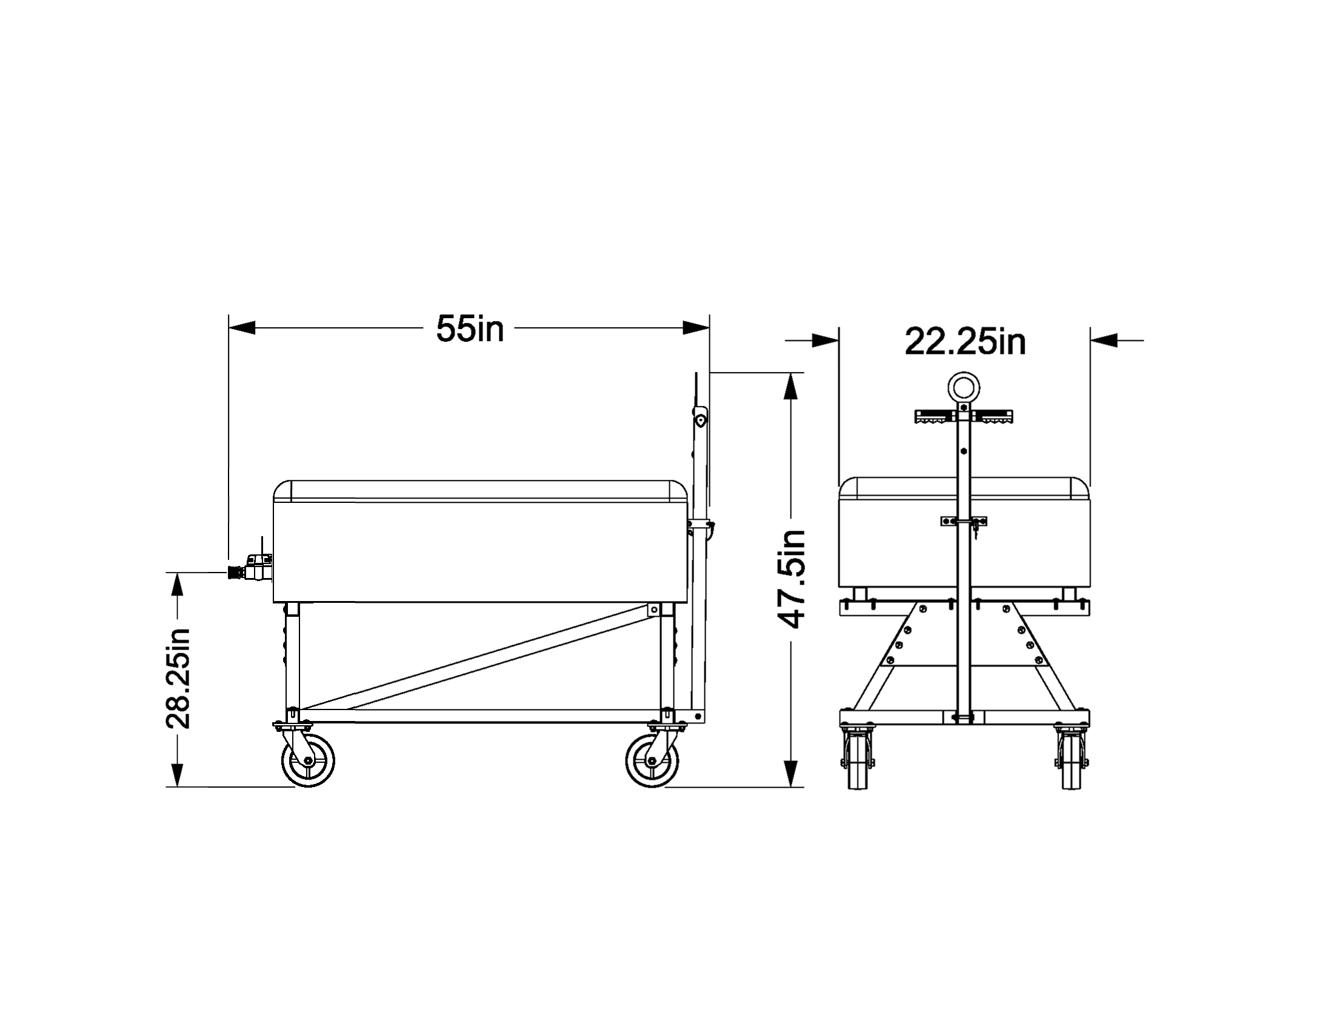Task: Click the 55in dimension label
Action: coord(470,329)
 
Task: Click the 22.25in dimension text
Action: coord(964,342)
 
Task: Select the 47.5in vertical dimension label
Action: coord(792,579)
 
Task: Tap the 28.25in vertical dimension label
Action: coord(178,679)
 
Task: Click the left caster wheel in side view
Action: coord(308,760)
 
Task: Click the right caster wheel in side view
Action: coord(652,760)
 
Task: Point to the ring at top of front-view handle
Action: coord(964,387)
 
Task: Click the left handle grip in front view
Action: coord(934,417)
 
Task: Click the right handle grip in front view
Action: coord(994,417)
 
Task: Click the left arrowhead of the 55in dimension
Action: coord(242,328)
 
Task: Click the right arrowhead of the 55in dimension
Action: coord(697,328)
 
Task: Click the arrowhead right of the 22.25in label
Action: coord(1103,341)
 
